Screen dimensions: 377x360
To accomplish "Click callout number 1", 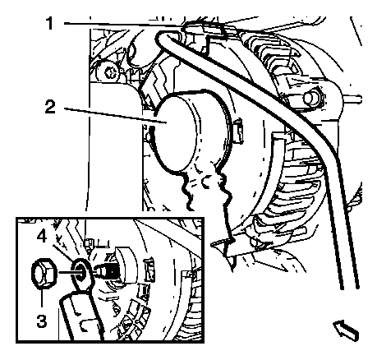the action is coord(49,23).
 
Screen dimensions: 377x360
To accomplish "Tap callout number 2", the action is coord(50,107).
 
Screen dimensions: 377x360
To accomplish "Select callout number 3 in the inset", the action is coord(41,321).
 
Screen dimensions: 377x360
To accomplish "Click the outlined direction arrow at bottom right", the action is coord(347,330).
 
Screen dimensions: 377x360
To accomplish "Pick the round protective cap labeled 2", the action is coord(189,132).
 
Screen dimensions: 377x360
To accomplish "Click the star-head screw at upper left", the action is coord(109,72).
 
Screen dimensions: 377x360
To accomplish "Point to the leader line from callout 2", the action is coord(116,116).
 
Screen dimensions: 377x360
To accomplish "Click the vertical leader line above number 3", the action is coord(42,298).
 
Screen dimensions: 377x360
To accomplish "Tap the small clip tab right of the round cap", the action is coord(239,131).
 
